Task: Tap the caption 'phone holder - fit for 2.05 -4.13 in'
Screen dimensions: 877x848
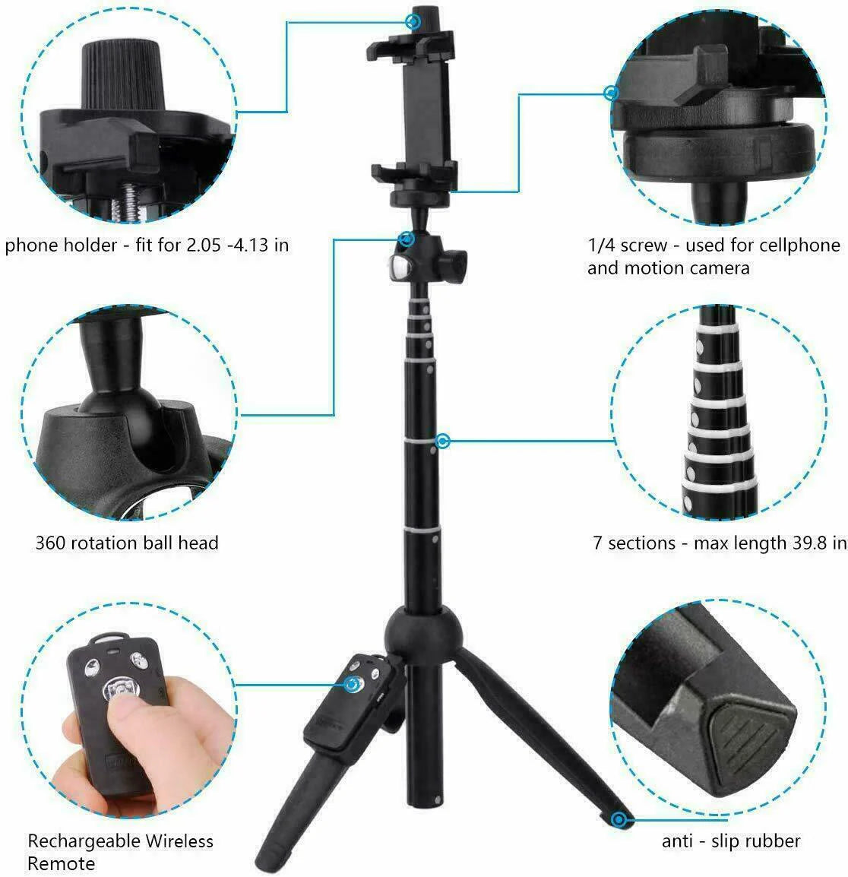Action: coord(147,245)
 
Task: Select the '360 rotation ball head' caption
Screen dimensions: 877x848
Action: coord(127,543)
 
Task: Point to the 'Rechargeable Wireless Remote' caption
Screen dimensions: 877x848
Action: coord(120,853)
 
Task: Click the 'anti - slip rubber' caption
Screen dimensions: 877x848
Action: coord(731,841)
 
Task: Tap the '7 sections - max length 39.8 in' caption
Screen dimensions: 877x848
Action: coord(719,543)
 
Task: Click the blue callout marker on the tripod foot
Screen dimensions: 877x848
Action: coord(620,819)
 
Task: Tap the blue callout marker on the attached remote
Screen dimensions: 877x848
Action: coord(352,685)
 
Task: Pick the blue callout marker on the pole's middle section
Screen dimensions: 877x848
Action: coord(443,441)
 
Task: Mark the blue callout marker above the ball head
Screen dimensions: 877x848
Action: coord(407,239)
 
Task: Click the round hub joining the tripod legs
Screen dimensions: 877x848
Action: coord(414,629)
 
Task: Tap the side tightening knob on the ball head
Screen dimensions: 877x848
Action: coord(440,268)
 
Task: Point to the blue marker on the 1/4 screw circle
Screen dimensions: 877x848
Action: coord(611,93)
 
